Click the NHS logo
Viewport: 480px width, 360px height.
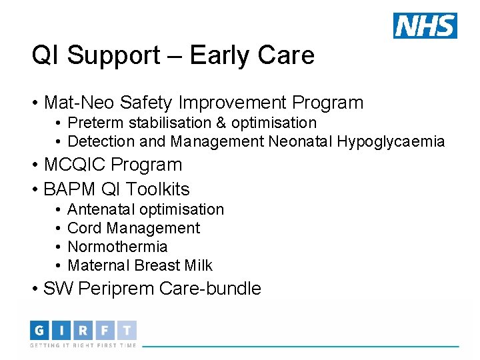click(x=425, y=25)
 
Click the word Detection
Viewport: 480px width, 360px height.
click(x=99, y=141)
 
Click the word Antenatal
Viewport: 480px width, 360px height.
click(x=99, y=209)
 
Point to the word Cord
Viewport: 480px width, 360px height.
click(x=85, y=228)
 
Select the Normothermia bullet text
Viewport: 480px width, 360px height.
click(x=117, y=247)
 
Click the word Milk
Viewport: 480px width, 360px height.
click(x=199, y=265)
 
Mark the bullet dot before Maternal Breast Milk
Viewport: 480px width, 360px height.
click(x=59, y=265)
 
